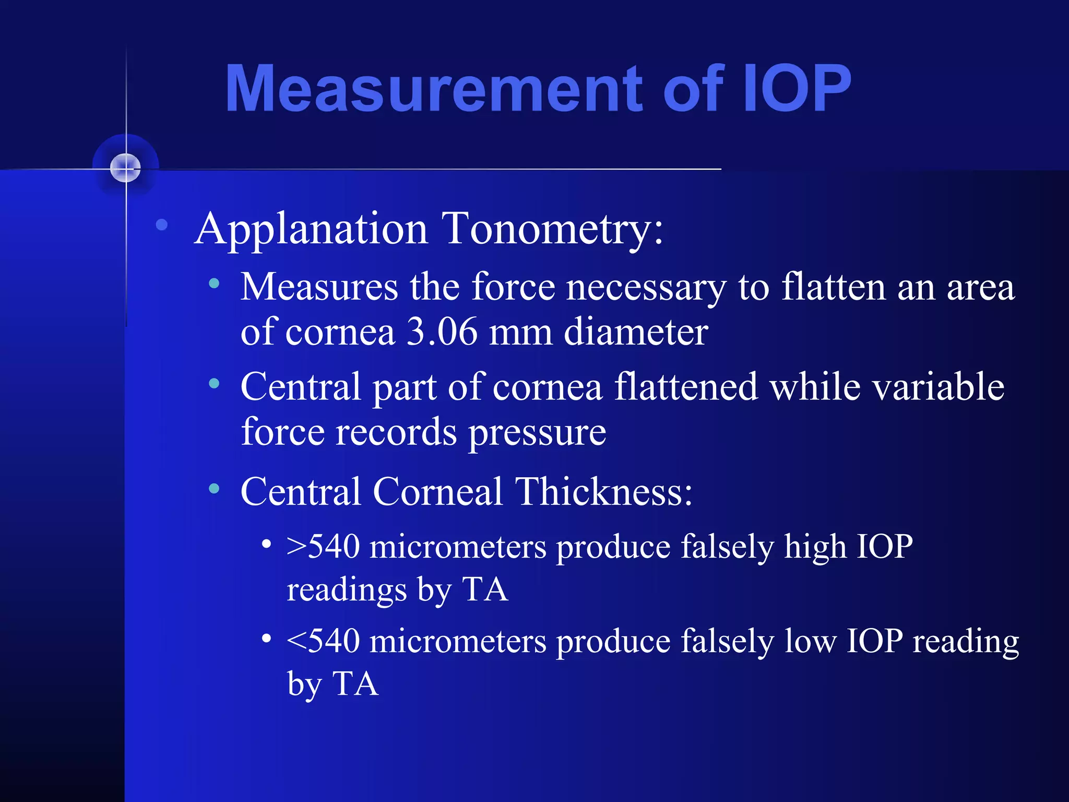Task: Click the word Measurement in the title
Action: [433, 89]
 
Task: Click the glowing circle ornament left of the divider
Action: [126, 168]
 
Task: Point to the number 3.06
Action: [442, 332]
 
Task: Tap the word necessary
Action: [646, 288]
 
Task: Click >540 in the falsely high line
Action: [324, 547]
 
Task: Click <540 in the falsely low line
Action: [324, 641]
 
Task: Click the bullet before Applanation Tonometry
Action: [162, 225]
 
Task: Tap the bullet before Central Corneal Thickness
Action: [214, 489]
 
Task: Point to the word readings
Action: [347, 591]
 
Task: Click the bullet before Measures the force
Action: [214, 284]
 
